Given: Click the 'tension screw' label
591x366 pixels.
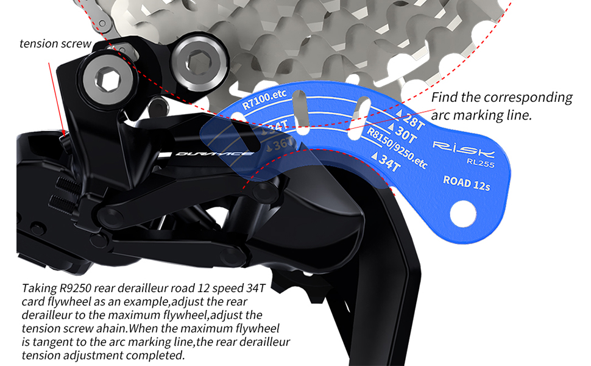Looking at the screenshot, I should coord(55,43).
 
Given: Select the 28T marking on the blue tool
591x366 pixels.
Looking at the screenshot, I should coord(410,119).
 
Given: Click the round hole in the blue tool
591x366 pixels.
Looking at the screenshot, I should coord(462,213).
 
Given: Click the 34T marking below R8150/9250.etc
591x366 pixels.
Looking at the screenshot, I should coord(388,163).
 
